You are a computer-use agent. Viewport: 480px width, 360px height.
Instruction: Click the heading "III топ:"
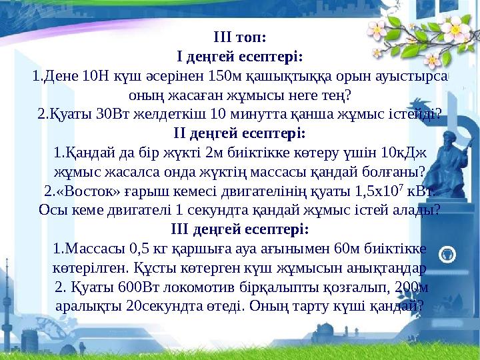[239, 34]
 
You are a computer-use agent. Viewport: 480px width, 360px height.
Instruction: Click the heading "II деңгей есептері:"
[239, 131]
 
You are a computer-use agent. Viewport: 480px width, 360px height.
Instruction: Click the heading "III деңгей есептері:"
[239, 229]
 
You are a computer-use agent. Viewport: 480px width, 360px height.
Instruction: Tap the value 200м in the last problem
[412, 288]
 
